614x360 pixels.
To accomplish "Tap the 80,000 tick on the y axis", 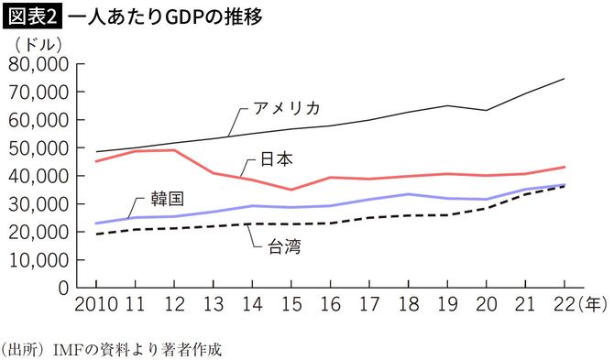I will click(x=38, y=65).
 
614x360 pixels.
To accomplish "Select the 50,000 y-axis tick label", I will click(x=38, y=148).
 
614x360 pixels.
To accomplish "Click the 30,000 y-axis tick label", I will click(x=38, y=204).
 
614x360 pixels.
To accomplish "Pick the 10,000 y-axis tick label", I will click(x=38, y=260).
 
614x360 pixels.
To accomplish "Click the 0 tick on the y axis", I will click(x=63, y=288).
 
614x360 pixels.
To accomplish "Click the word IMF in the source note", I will click(x=71, y=349).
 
